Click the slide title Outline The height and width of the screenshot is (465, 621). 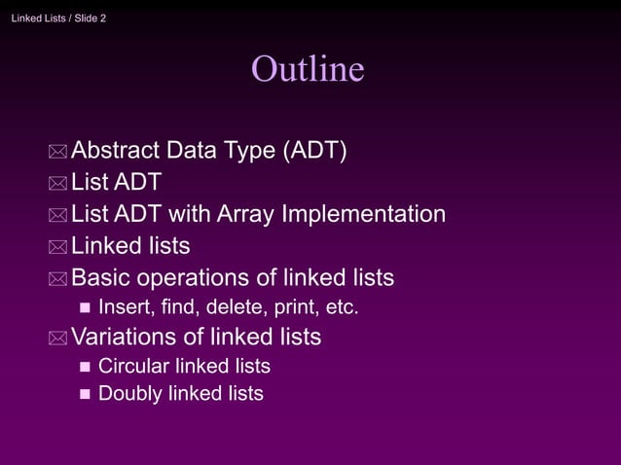click(x=308, y=69)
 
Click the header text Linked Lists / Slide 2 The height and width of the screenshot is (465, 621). click(x=59, y=18)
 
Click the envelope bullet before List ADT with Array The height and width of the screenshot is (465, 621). click(x=58, y=216)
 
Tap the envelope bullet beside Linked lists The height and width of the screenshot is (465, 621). click(x=58, y=248)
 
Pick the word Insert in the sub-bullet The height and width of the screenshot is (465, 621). click(x=122, y=308)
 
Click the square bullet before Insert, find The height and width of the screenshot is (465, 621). click(x=83, y=309)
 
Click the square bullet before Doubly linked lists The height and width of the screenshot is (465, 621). click(x=83, y=395)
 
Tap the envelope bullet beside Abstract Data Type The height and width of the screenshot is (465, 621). click(x=58, y=153)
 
